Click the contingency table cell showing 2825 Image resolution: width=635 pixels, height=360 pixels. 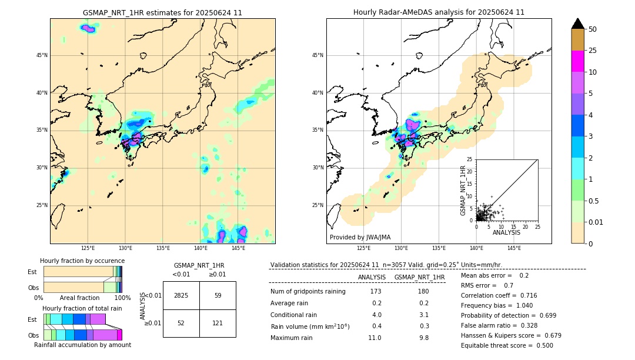coord(181,295)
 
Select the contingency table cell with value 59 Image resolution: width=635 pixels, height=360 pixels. coord(218,295)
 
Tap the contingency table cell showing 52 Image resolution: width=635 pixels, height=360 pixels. coord(181,323)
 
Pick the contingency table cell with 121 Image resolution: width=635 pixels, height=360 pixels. coord(218,323)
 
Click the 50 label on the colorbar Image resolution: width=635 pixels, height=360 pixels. coord(593,29)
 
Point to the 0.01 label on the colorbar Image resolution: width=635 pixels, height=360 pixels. coord(596,222)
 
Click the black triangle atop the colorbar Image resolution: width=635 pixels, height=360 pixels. coord(578,24)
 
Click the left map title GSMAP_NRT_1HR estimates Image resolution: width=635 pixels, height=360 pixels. coord(162,12)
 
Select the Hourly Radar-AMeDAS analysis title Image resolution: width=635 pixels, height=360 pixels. coord(439,12)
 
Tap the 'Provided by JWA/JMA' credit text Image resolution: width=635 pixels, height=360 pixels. coord(360,237)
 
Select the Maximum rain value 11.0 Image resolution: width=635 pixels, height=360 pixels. coord(375,338)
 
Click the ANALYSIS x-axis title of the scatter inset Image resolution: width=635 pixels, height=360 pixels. coord(506,232)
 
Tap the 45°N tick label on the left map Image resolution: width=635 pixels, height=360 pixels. coord(42,55)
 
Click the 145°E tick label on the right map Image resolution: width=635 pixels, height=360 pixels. coord(514,248)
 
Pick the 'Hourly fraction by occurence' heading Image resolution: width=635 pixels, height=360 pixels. coord(82,261)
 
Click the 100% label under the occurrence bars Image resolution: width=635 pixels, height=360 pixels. coord(122,298)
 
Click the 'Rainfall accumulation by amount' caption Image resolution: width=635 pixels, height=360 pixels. coord(82,345)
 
